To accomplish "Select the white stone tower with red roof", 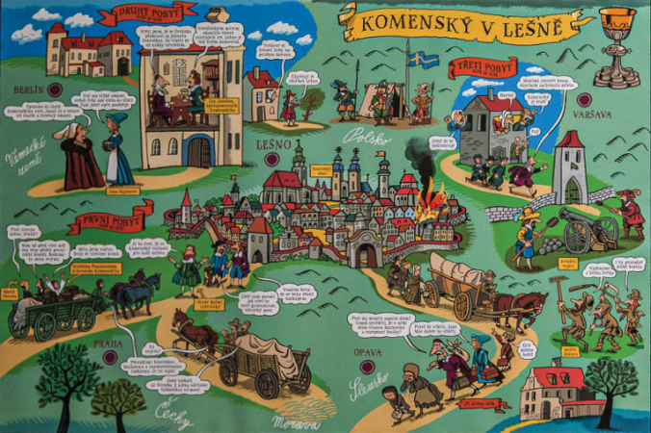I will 570,167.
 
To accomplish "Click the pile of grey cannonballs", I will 550,246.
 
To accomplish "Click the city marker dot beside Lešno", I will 273,159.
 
